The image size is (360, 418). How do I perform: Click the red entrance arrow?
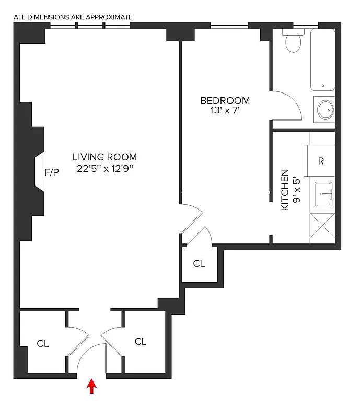tap(92, 386)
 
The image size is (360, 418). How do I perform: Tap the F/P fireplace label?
tap(52, 172)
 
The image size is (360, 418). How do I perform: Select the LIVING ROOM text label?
tap(104, 157)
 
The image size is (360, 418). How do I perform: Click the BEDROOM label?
tap(225, 100)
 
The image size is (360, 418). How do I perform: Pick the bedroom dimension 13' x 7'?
tap(225, 111)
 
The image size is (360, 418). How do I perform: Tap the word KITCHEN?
tap(285, 189)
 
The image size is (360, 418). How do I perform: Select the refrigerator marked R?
tap(321, 161)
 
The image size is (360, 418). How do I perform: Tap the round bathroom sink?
tap(324, 110)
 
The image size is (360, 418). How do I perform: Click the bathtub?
tap(322, 60)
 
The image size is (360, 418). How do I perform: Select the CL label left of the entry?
tap(43, 344)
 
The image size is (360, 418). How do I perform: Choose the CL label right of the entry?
tap(141, 342)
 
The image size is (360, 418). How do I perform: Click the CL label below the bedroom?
tap(199, 264)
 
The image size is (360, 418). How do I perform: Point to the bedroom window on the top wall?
tap(229, 25)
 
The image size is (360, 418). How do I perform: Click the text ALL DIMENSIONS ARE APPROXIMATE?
tap(73, 17)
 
